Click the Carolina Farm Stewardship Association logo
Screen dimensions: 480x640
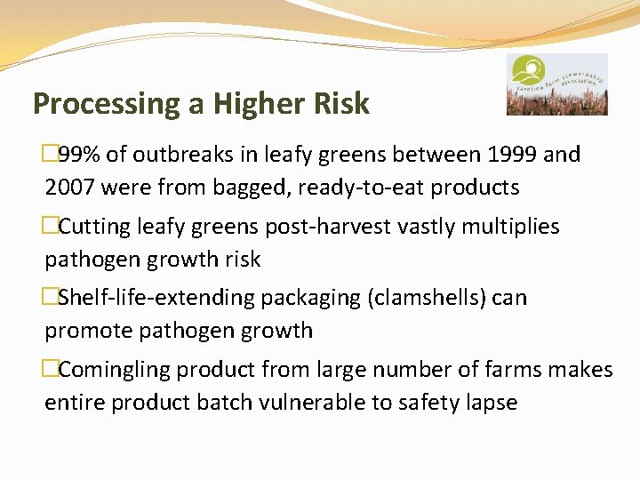(556, 84)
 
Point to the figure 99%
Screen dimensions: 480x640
(80, 155)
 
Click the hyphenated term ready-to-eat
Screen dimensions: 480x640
(385, 188)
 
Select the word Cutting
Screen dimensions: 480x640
(94, 227)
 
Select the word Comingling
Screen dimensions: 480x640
(113, 369)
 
